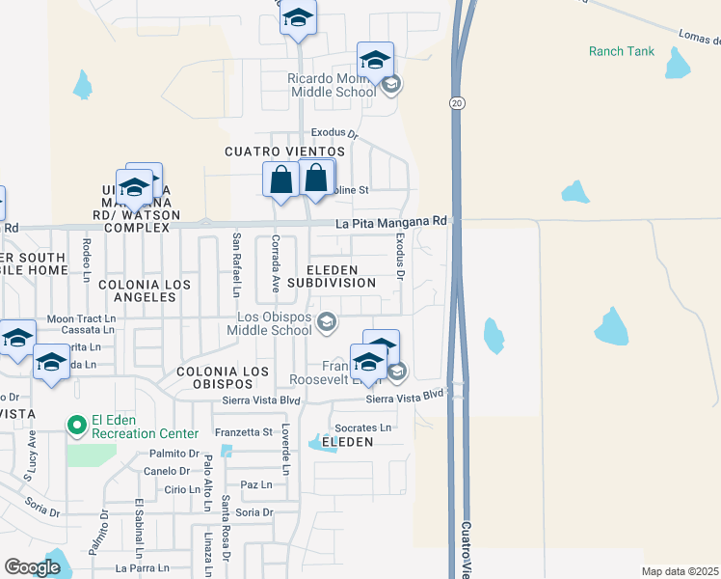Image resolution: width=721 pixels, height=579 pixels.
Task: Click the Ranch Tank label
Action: click(621, 52)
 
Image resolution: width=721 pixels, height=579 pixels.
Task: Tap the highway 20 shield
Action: click(456, 102)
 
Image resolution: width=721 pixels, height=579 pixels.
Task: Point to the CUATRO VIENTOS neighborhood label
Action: click(284, 152)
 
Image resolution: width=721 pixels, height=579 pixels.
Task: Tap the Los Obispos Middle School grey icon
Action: click(327, 321)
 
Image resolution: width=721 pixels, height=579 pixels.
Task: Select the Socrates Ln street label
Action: click(362, 427)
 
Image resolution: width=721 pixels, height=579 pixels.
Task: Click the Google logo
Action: click(33, 567)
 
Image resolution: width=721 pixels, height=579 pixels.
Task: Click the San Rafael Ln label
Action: click(235, 263)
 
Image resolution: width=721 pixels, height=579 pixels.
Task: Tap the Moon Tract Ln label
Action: click(81, 317)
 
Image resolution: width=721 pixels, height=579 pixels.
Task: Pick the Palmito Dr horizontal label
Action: click(168, 453)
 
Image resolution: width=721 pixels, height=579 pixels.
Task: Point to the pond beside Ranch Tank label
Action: click(678, 64)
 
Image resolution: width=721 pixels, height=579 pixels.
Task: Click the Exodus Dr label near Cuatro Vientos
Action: click(334, 134)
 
